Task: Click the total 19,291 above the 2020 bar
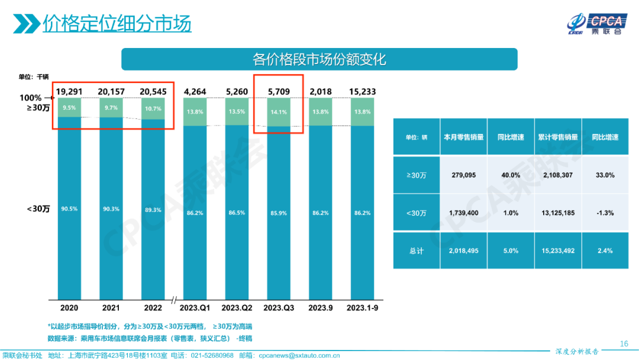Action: [69, 92]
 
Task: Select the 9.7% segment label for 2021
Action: [111, 108]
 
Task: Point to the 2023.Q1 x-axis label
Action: [195, 308]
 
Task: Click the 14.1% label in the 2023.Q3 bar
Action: [279, 112]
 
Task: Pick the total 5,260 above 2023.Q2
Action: [237, 92]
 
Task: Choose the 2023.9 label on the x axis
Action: [321, 308]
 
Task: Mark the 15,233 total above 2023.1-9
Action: [362, 92]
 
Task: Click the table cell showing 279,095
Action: [464, 175]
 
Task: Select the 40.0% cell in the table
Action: [510, 175]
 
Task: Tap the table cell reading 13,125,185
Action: [557, 213]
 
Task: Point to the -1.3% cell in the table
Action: [605, 213]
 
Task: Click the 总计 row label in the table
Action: [417, 251]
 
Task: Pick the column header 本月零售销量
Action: [464, 137]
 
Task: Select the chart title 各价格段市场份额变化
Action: [319, 59]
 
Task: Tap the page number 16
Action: [624, 343]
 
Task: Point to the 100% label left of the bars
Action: [31, 98]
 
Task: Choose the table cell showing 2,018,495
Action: [464, 251]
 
